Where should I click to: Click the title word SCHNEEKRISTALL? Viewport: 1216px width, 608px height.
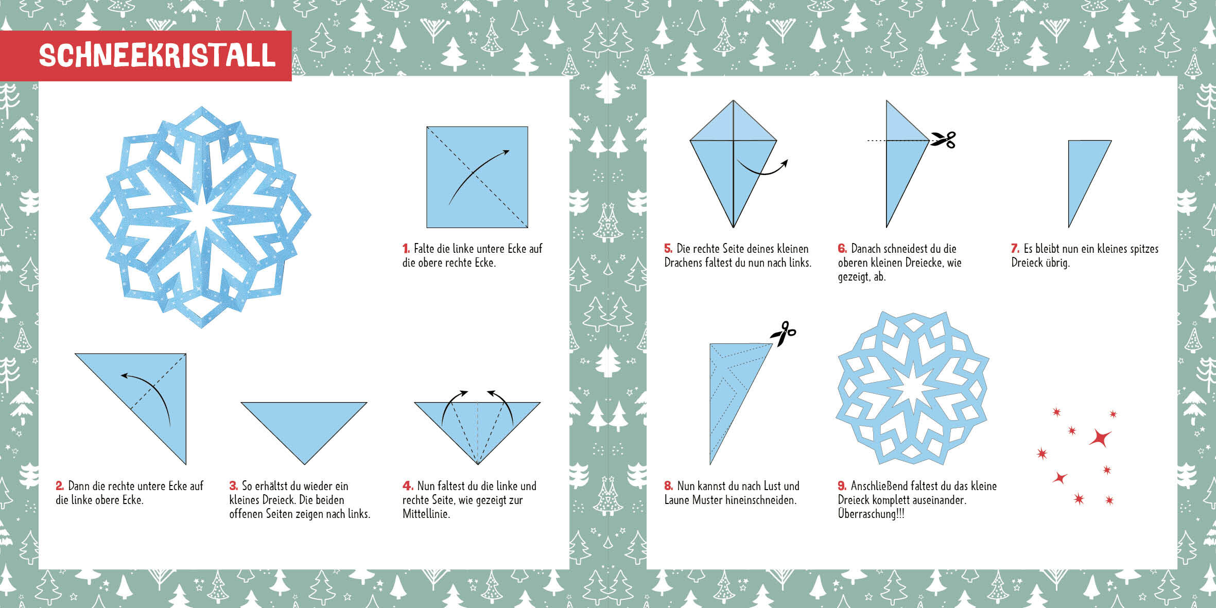[158, 55]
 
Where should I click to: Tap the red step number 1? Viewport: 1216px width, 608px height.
[406, 249]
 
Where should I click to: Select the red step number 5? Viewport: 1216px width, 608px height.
[668, 249]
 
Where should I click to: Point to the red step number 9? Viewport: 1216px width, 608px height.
[842, 486]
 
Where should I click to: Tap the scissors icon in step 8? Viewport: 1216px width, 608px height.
[783, 334]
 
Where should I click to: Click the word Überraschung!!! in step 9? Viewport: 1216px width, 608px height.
[871, 514]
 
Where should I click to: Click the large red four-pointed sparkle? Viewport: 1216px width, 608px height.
[1100, 439]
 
